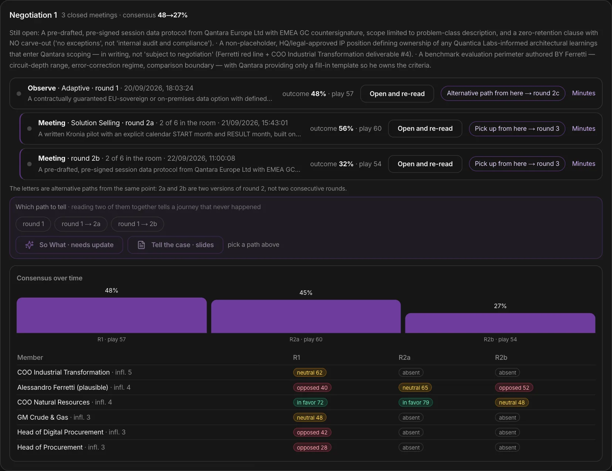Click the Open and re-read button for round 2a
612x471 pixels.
pyautogui.click(x=425, y=129)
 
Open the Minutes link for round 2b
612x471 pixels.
pyautogui.click(x=584, y=164)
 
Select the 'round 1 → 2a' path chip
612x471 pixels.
pyautogui.click(x=81, y=224)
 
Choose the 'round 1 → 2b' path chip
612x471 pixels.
pyautogui.click(x=137, y=224)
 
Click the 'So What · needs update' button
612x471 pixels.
pyautogui.click(x=69, y=245)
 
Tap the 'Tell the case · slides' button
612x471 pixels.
pyautogui.click(x=176, y=245)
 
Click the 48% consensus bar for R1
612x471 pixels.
pyautogui.click(x=112, y=315)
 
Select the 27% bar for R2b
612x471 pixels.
pyautogui.click(x=500, y=323)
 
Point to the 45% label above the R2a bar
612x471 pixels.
pyautogui.click(x=306, y=293)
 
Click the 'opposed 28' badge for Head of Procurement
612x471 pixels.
pyautogui.click(x=312, y=447)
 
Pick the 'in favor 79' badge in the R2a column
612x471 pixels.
pyautogui.click(x=415, y=402)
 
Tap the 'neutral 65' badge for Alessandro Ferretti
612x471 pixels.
pyautogui.click(x=415, y=388)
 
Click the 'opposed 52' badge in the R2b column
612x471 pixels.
pyautogui.click(x=514, y=388)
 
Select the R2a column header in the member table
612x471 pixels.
pyautogui.click(x=404, y=358)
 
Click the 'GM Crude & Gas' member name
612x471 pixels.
pyautogui.click(x=42, y=417)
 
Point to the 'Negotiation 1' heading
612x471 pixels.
pyautogui.click(x=33, y=15)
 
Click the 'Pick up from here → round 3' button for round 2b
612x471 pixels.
pyautogui.click(x=517, y=164)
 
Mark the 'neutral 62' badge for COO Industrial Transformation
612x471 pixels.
pyautogui.click(x=310, y=372)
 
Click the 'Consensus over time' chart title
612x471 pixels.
pyautogui.click(x=50, y=278)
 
